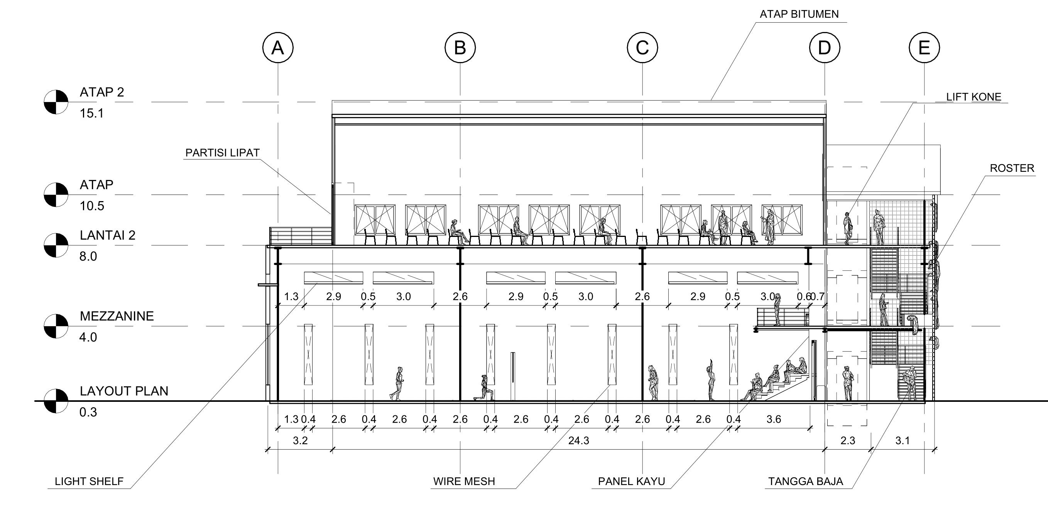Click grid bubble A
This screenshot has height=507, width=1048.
[x=278, y=47]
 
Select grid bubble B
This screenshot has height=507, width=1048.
[x=460, y=47]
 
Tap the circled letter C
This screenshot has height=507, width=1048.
[x=642, y=47]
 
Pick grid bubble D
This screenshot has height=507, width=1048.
[x=825, y=47]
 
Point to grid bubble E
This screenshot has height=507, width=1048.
[x=924, y=47]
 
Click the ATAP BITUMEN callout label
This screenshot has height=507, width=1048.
[x=799, y=14]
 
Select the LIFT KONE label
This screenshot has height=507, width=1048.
[x=974, y=97]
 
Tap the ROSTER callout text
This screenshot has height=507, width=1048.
[x=1012, y=168]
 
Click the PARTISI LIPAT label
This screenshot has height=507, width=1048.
[x=223, y=153]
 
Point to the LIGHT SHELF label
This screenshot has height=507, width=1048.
[x=89, y=482]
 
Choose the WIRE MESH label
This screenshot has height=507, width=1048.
[x=464, y=482]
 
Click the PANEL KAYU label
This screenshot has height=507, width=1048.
[x=631, y=482]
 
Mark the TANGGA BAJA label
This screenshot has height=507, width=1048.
[x=806, y=482]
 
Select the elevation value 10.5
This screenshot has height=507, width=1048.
[x=92, y=206]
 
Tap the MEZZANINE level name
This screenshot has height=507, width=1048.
[x=117, y=316]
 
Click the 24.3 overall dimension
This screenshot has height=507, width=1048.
[x=578, y=440]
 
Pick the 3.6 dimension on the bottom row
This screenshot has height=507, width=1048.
[x=773, y=419]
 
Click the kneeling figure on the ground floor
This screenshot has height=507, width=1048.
[x=484, y=388]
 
